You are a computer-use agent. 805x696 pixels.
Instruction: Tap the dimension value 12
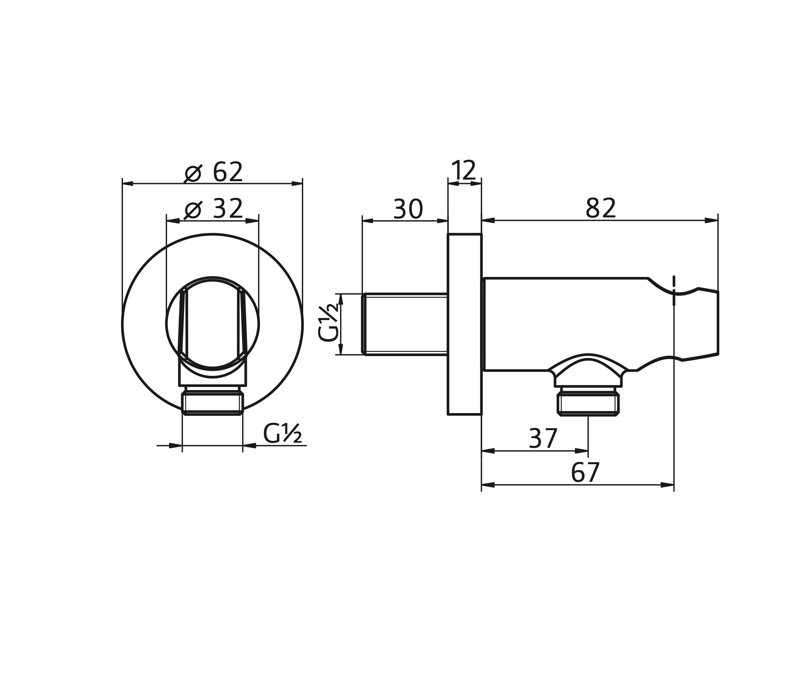click(464, 170)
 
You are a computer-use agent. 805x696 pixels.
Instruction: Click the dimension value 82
click(601, 208)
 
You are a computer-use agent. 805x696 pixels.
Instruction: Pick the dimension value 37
click(543, 439)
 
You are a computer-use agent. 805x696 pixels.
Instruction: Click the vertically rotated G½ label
click(329, 324)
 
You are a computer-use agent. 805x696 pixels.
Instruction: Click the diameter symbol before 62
click(193, 173)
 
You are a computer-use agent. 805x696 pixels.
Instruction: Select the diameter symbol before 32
click(193, 210)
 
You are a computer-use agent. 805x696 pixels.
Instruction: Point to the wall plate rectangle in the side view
click(465, 324)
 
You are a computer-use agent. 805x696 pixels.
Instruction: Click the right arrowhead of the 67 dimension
click(668, 485)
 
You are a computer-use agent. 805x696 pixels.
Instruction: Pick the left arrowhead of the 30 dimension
click(368, 221)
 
